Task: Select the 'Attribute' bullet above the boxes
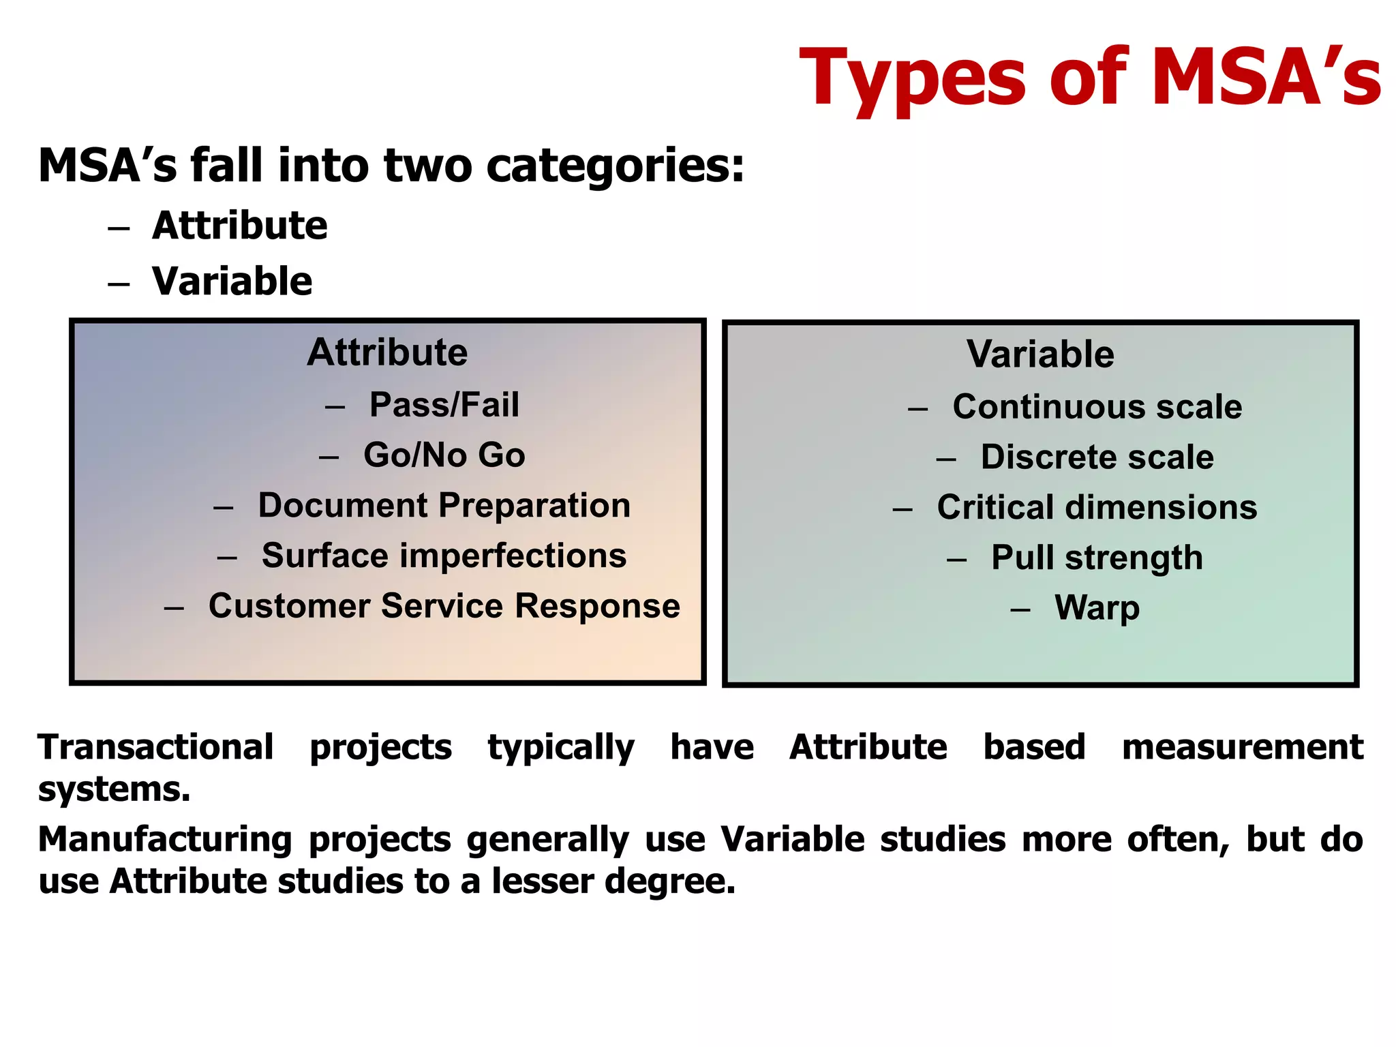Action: coord(239,226)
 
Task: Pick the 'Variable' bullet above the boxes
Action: coord(232,281)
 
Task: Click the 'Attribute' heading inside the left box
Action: coord(387,352)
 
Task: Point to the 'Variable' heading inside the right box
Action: coord(1040,354)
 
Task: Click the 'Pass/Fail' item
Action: coord(444,404)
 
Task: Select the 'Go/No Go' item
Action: coord(444,455)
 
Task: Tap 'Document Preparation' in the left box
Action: coord(444,505)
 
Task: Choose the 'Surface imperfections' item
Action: coord(444,556)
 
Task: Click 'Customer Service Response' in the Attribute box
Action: coord(444,605)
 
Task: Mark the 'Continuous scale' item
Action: coord(1097,407)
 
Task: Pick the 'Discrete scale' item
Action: coord(1097,457)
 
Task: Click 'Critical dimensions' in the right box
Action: coord(1097,507)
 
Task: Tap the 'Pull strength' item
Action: coord(1097,558)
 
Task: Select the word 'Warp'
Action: coord(1097,607)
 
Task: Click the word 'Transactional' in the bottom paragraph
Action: coord(155,747)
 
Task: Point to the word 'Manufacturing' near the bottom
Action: coord(164,839)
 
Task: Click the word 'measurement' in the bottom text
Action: coord(1242,747)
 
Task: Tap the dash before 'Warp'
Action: coord(1020,609)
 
